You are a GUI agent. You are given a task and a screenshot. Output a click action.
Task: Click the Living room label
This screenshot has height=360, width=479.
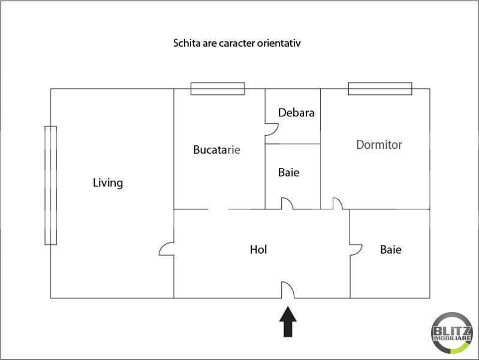[108, 182]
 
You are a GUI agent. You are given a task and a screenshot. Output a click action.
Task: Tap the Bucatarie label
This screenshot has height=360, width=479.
[216, 149]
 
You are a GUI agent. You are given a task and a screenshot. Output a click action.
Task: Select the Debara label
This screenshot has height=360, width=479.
[296, 113]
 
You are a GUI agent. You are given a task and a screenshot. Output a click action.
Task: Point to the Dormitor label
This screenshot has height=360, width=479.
[379, 145]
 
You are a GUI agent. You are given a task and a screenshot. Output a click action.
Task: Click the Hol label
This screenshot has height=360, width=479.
[258, 249]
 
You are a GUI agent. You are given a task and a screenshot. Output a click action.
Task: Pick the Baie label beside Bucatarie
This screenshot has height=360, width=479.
[288, 172]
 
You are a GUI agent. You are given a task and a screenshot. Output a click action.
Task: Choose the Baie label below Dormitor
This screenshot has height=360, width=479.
[391, 249]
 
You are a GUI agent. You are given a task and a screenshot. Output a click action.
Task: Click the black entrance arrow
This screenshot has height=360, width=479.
[288, 322]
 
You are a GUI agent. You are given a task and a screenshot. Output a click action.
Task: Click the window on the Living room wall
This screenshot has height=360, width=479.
[50, 185]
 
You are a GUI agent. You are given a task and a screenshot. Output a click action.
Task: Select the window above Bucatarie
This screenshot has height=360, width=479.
[218, 89]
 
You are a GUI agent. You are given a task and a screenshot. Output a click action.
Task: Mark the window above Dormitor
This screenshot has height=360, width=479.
[380, 89]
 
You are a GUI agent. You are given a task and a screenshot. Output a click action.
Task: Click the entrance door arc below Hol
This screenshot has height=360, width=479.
[288, 290]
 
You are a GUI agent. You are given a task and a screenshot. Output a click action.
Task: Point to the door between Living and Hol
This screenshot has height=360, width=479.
[167, 250]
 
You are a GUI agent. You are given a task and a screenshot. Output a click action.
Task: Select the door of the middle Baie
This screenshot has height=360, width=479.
[288, 204]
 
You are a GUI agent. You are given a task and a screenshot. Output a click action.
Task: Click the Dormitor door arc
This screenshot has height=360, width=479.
[338, 204]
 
